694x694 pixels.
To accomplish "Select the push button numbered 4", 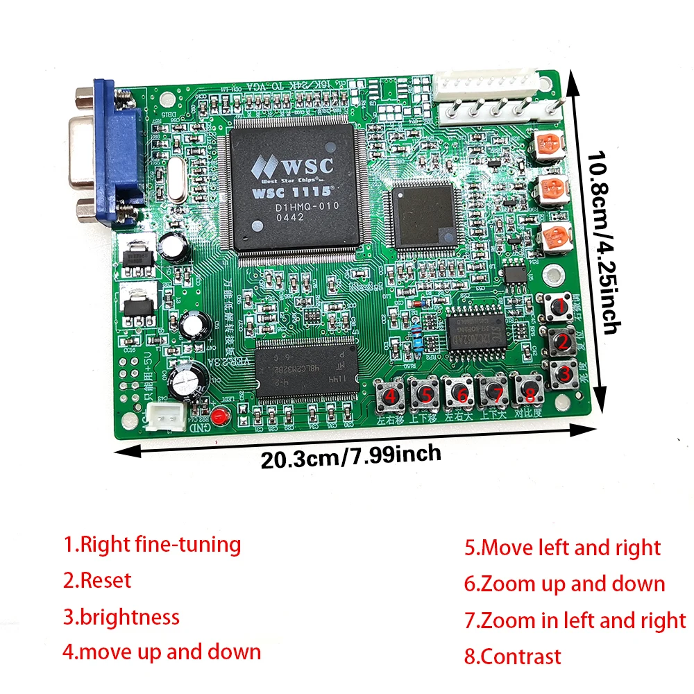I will [x=390, y=396].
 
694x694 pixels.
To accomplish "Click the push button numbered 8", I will [x=530, y=394].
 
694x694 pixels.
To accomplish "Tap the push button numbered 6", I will [x=459, y=393].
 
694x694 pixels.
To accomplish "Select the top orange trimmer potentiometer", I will [x=550, y=144].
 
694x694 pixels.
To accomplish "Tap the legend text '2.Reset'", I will [x=97, y=580].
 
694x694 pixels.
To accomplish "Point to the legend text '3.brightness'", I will [x=121, y=617].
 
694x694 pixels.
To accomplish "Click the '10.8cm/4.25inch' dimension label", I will [x=601, y=243].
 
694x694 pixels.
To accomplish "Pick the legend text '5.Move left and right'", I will [x=563, y=548].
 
